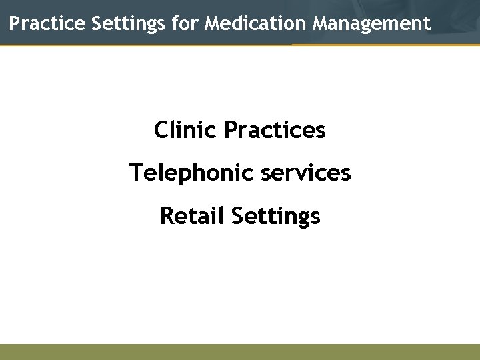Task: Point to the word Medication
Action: [x=256, y=24]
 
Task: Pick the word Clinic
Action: [x=186, y=129]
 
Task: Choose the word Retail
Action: [x=191, y=216]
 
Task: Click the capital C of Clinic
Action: [x=161, y=129]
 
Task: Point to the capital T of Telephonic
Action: [x=136, y=173]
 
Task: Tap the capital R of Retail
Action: [x=167, y=216]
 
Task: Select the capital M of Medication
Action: [x=213, y=24]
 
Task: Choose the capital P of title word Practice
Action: [x=15, y=24]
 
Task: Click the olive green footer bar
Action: [x=240, y=352]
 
